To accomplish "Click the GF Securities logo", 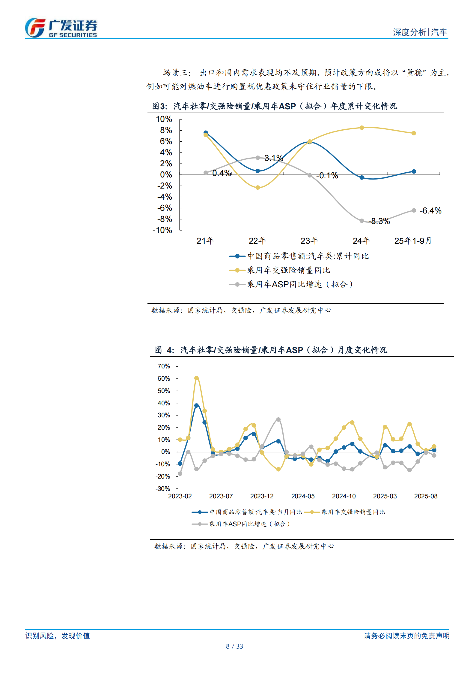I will click(x=61, y=28).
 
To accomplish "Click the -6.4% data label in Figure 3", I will click(x=430, y=211).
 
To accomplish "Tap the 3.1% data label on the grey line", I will click(x=274, y=158).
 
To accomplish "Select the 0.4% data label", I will click(x=222, y=173).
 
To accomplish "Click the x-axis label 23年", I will click(x=309, y=241).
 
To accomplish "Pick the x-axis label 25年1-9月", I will click(x=413, y=241).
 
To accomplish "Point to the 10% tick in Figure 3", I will click(x=164, y=119).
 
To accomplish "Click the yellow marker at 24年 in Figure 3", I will click(x=362, y=128).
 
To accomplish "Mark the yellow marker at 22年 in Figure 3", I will click(x=258, y=188).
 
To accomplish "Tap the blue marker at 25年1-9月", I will click(x=414, y=171).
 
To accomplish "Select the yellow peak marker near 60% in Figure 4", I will click(x=197, y=378).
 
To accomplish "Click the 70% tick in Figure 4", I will click(x=164, y=366).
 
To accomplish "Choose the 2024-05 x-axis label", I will click(x=303, y=496).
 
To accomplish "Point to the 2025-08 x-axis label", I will click(x=426, y=496).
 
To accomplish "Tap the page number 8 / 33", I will click(x=234, y=646).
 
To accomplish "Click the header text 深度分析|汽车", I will click(x=420, y=32).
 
